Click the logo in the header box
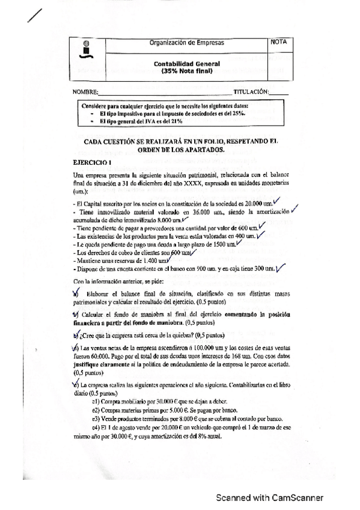(86, 49)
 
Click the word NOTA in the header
(279, 43)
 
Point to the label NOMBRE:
(84, 93)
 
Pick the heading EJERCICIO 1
(88, 162)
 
